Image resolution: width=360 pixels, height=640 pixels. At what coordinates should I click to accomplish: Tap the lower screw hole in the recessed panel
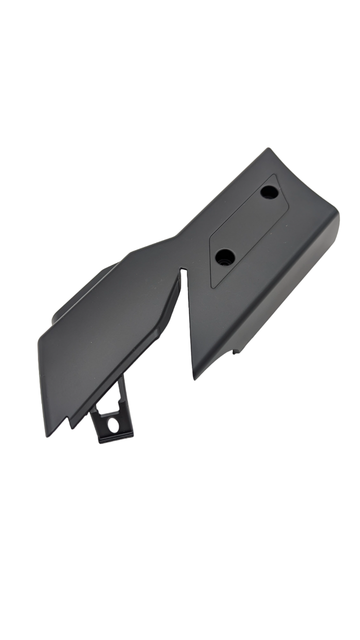(224, 257)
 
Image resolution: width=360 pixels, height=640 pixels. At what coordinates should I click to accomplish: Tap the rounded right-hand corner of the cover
(336, 220)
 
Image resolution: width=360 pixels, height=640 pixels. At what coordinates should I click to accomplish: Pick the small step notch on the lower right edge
(234, 351)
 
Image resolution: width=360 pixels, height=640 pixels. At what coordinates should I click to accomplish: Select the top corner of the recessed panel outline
(276, 174)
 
